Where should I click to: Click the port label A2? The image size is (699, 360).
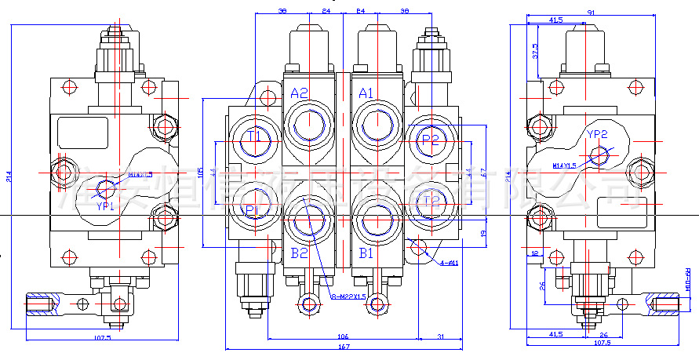point(300,93)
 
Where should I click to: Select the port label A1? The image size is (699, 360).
point(366,93)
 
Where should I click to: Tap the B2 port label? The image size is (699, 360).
point(300,253)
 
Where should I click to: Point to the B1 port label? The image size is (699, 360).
point(366,253)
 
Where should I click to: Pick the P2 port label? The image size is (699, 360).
point(431,139)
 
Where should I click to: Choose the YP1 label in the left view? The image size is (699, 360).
point(105,206)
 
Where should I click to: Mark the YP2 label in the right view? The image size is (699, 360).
point(598,135)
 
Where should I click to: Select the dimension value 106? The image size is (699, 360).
point(344,336)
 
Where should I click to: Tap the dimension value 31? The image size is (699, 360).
point(441,336)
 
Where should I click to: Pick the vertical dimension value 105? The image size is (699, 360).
point(201,172)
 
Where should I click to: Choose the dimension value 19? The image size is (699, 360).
point(484,233)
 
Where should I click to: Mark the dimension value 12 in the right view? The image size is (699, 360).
point(533,253)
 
